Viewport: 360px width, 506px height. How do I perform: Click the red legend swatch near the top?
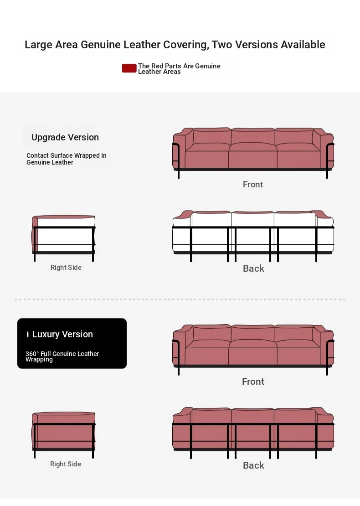pyautogui.click(x=129, y=68)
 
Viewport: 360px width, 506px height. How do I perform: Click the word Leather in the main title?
pyautogui.click(x=142, y=45)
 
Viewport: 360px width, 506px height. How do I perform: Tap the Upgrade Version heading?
pyautogui.click(x=65, y=137)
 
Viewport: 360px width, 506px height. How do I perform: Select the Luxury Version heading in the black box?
pyautogui.click(x=62, y=334)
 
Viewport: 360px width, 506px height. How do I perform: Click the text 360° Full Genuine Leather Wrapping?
pyautogui.click(x=62, y=356)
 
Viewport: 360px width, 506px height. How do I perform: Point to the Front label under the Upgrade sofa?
pyautogui.click(x=253, y=184)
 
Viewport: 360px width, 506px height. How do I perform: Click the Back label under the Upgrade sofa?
pyautogui.click(x=253, y=268)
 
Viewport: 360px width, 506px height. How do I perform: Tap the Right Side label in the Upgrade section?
pyautogui.click(x=66, y=268)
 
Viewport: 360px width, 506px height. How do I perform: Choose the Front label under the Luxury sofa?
pyautogui.click(x=253, y=382)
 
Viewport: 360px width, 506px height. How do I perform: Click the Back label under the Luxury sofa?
pyautogui.click(x=253, y=465)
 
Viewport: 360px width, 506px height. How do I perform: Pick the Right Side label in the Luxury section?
pyautogui.click(x=66, y=464)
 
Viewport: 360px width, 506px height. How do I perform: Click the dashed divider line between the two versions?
pyautogui.click(x=180, y=299)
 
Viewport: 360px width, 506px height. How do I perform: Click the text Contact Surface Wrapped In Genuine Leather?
pyautogui.click(x=67, y=159)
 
